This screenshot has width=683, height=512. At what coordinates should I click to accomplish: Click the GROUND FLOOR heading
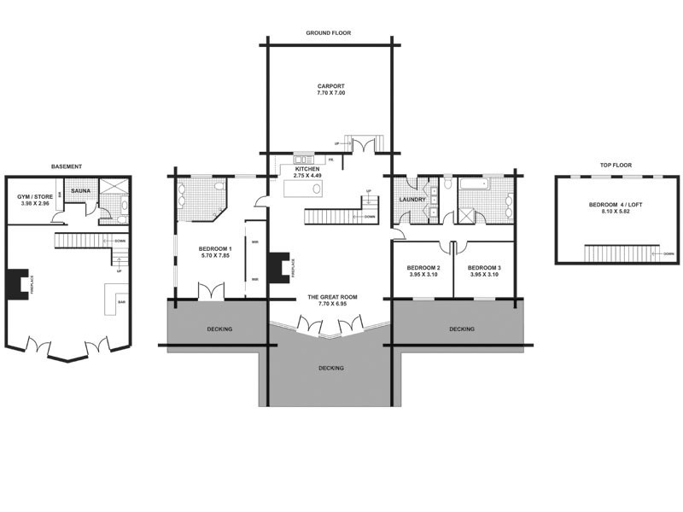(x=329, y=33)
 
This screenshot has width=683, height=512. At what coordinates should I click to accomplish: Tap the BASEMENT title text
(x=67, y=166)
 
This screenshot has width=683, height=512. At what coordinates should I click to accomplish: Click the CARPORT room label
(x=330, y=86)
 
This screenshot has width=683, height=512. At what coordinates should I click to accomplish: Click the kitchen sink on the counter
(x=304, y=159)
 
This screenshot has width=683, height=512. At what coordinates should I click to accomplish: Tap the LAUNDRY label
(x=412, y=201)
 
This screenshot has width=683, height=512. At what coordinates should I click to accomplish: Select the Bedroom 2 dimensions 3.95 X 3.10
(x=422, y=275)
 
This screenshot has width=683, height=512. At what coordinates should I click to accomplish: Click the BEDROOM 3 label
(x=485, y=267)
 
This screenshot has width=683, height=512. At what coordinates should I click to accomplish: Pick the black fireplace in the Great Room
(x=278, y=267)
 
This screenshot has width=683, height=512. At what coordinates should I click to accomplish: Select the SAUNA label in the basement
(x=81, y=191)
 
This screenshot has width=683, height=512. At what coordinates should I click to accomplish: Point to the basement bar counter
(x=114, y=298)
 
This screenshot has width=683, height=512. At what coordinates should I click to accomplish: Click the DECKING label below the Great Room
(x=330, y=368)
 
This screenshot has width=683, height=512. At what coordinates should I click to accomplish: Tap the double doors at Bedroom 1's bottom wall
(x=210, y=290)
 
